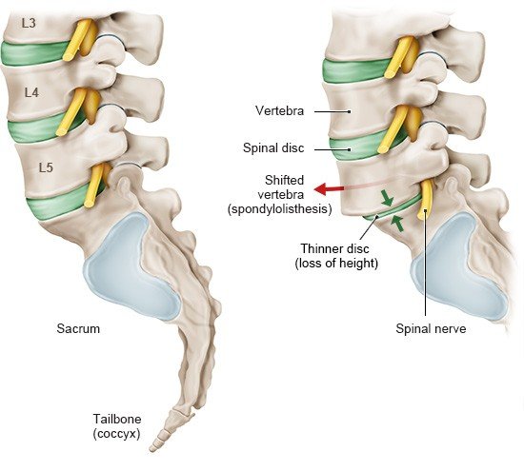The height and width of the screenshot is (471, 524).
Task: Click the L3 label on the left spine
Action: [29, 23]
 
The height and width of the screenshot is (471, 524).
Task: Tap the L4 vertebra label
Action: [31, 92]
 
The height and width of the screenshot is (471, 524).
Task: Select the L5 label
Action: [46, 167]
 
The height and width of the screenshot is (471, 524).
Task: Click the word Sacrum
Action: [78, 328]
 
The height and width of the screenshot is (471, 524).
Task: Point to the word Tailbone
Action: [117, 419]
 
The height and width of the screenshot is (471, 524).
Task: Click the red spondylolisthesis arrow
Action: [329, 189]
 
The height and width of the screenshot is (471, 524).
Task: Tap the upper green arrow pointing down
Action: [387, 198]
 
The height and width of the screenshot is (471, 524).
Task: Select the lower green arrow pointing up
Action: [397, 223]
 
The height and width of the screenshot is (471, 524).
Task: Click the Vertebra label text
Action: [280, 110]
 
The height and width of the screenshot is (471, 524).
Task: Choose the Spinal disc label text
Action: [273, 147]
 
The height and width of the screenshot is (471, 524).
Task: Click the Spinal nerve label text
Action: [431, 329]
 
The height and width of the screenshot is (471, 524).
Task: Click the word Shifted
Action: [285, 180]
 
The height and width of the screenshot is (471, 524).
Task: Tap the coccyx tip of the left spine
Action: [152, 449]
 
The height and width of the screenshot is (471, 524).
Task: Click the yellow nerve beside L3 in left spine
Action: [78, 39]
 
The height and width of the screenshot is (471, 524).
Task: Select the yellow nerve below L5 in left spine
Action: [94, 186]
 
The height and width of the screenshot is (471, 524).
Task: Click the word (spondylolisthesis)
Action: [280, 209]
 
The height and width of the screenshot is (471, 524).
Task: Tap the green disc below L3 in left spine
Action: [33, 53]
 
